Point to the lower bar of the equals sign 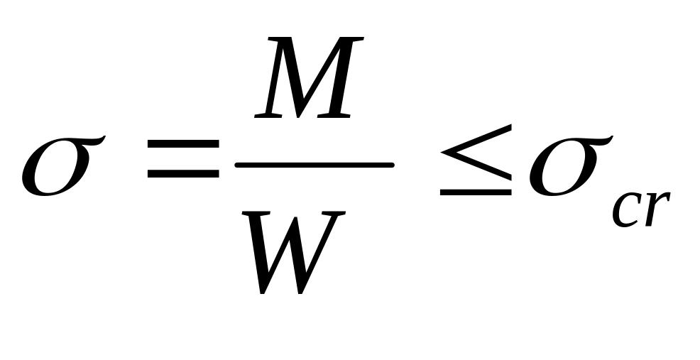point(182,174)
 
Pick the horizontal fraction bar point(315,166)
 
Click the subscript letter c point(625,210)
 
